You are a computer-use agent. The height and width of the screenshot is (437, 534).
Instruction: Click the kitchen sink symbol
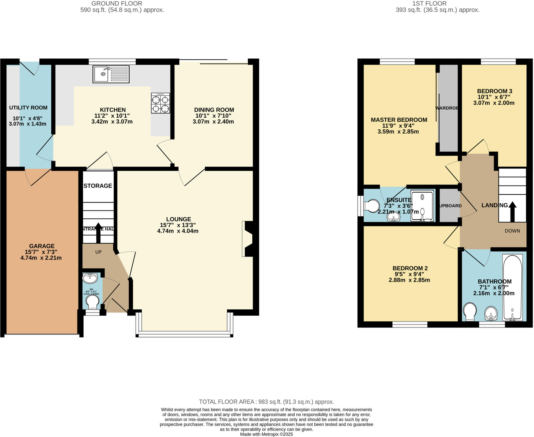click(111, 74)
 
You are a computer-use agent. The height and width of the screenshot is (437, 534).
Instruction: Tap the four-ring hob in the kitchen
click(160, 103)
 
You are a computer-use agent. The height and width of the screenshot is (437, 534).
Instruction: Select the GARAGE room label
click(42, 246)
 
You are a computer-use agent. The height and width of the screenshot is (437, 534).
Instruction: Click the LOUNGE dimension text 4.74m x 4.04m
click(178, 231)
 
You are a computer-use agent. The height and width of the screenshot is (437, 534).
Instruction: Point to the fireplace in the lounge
click(247, 239)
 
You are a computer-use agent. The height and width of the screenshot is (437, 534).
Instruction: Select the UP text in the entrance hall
click(98, 252)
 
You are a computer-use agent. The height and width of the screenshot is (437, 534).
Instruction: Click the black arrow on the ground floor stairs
click(98, 232)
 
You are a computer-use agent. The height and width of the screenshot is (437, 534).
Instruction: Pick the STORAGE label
click(98, 186)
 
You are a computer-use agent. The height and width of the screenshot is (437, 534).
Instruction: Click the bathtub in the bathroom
click(512, 287)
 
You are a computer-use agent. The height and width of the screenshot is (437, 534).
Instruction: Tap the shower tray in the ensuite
click(422, 206)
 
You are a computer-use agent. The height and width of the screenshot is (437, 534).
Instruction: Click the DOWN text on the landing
click(512, 231)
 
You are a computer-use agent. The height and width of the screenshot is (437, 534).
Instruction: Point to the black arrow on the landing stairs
click(512, 211)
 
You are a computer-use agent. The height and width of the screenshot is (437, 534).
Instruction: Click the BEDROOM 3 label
click(494, 91)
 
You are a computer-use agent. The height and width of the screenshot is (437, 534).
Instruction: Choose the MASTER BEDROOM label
click(399, 120)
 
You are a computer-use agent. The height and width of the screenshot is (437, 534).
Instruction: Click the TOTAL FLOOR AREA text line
click(266, 402)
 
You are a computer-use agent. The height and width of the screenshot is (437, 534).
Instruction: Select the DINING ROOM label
click(214, 110)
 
